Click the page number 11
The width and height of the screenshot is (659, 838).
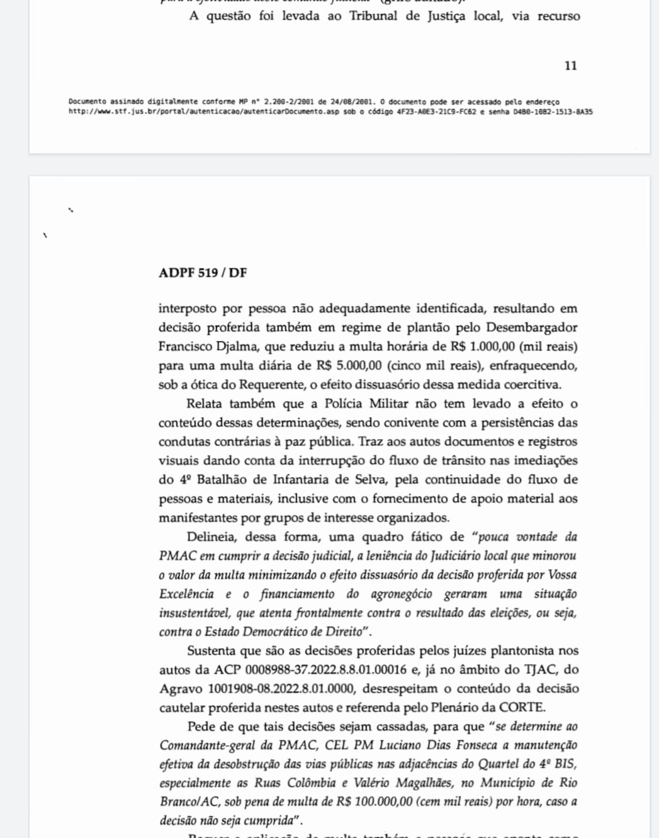(x=570, y=65)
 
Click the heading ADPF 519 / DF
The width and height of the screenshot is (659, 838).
(x=203, y=272)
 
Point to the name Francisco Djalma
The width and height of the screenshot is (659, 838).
(x=208, y=346)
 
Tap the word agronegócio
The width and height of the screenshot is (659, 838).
(x=401, y=593)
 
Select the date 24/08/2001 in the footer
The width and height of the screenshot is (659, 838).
(x=352, y=101)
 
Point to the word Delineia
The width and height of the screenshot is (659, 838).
(x=211, y=537)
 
